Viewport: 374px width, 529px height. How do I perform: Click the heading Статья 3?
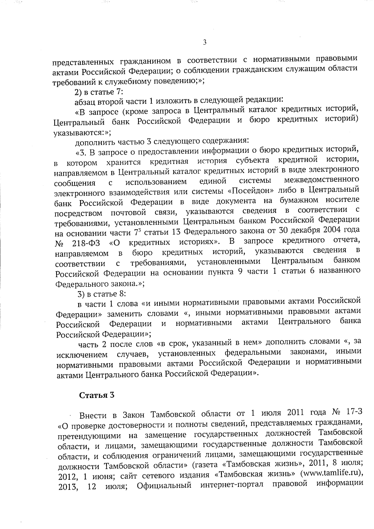click(97, 395)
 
